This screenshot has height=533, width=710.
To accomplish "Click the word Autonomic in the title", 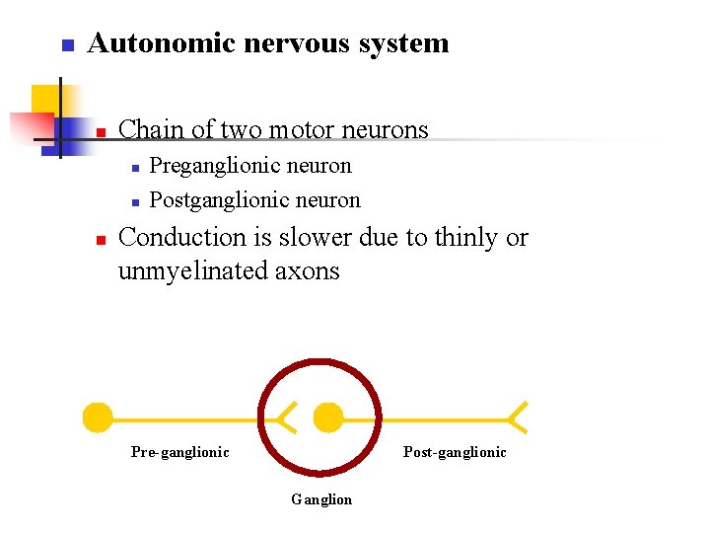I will (149, 43).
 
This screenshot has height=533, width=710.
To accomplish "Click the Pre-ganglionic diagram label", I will (179, 452).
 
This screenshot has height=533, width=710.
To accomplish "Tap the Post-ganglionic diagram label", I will (455, 452).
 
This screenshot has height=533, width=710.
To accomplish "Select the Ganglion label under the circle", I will (321, 499).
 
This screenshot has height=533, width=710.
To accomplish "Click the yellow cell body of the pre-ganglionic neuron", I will (97, 419).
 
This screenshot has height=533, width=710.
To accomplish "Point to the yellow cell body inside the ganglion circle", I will (327, 419).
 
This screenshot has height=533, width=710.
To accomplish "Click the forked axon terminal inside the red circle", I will (286, 419).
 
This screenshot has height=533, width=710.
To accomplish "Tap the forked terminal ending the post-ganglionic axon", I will (517, 418).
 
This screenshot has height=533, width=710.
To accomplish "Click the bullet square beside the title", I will (66, 45).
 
